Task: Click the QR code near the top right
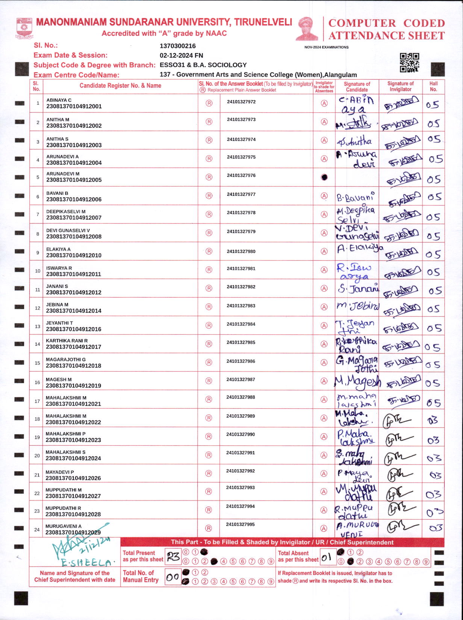(409, 62)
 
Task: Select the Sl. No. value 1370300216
(177, 46)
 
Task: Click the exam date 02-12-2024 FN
(181, 55)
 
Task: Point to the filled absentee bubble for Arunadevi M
(324, 177)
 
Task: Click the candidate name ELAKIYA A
(58, 249)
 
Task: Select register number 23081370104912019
(74, 386)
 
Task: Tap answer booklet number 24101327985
(241, 342)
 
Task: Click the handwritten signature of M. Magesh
(357, 382)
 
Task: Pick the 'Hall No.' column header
(433, 86)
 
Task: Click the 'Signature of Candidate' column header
(357, 87)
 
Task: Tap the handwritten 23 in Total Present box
(173, 556)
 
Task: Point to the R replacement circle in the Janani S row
(209, 289)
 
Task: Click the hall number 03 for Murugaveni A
(435, 528)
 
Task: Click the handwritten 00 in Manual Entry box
(172, 577)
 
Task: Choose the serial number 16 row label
(37, 383)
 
